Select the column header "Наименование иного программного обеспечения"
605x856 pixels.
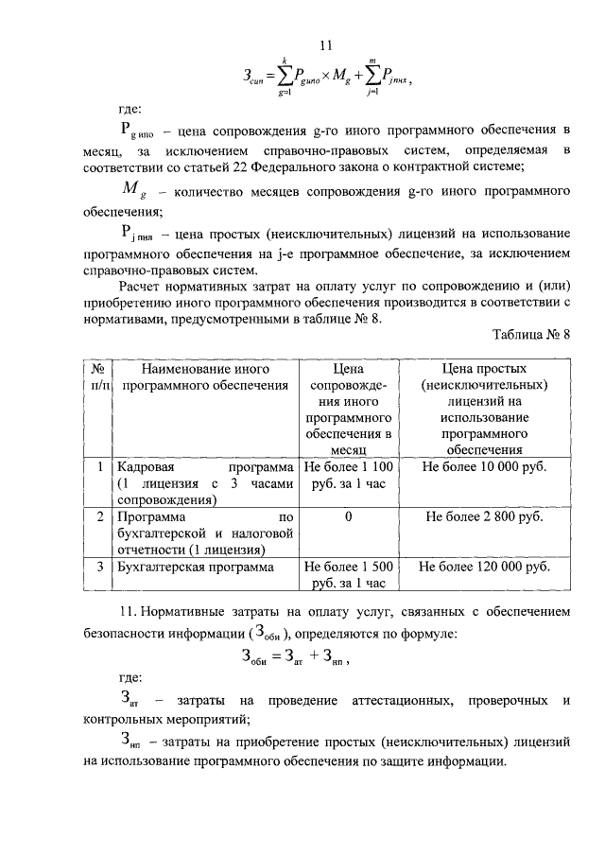202,377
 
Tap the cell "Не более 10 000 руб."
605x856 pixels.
485,467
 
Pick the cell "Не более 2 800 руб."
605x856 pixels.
485,518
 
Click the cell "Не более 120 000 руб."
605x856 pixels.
485,568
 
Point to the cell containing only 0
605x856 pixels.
349,518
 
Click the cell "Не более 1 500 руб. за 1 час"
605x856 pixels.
349,575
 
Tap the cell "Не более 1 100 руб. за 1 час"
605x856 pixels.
349,475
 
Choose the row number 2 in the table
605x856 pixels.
100,518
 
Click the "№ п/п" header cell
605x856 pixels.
97,377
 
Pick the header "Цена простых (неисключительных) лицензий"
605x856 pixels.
485,409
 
